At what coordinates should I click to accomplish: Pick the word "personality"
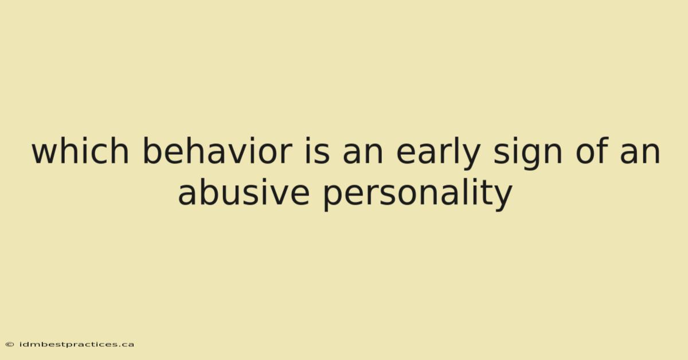point(418,194)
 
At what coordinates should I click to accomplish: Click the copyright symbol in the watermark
point(10,345)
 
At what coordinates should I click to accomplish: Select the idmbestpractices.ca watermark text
point(77,345)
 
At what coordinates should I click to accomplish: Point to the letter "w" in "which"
point(45,153)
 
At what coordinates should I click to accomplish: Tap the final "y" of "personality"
point(502,198)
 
